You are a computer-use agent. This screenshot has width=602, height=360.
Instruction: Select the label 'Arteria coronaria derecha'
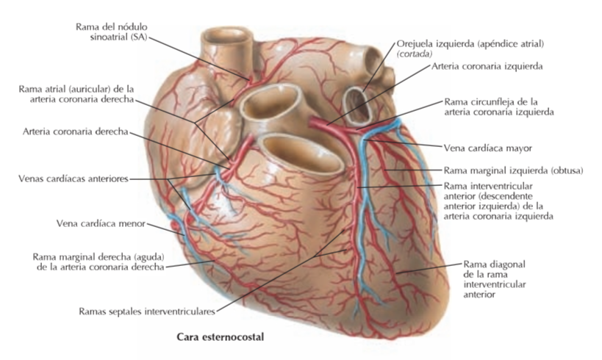(76, 132)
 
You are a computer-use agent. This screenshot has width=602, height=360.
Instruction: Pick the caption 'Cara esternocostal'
(220, 338)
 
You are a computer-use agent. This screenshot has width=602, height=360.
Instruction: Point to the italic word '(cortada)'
(416, 54)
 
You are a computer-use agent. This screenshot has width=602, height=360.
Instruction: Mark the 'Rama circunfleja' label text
(497, 107)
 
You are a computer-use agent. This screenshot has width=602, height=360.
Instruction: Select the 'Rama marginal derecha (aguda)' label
(98, 262)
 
